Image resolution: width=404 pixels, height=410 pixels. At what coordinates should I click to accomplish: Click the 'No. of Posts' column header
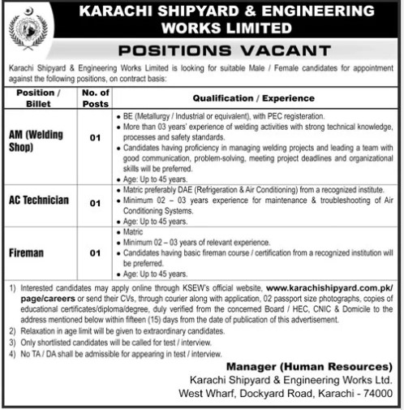pos(95,97)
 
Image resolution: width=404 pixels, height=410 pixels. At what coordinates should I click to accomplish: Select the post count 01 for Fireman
pos(95,253)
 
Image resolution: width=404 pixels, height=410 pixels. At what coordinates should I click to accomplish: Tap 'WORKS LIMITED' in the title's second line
pos(236,28)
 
